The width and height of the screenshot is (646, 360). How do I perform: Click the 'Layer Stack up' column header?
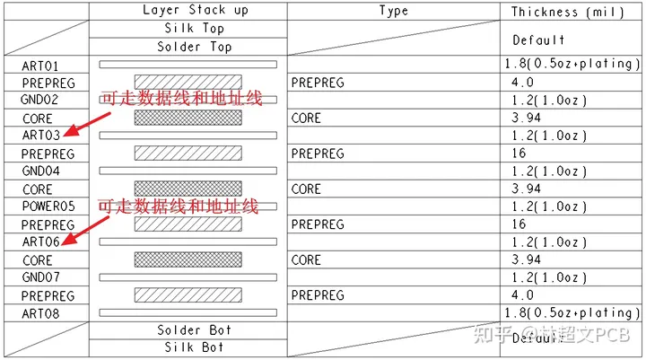tap(195, 11)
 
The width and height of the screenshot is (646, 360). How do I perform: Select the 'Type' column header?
tap(393, 11)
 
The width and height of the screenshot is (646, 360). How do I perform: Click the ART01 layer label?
tap(40, 65)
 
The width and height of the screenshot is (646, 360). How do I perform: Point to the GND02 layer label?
tap(40, 100)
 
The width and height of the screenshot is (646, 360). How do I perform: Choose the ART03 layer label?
tap(40, 136)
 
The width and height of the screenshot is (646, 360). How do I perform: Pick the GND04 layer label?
tap(40, 171)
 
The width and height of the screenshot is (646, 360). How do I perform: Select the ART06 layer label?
tap(40, 241)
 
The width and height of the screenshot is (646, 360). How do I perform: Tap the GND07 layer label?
tap(40, 277)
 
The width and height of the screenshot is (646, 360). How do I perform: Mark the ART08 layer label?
tap(40, 312)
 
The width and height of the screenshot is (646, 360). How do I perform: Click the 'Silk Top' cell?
tap(195, 29)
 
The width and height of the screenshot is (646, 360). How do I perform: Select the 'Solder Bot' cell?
tap(195, 330)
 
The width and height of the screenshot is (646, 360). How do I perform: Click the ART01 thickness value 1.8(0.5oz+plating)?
tap(572, 65)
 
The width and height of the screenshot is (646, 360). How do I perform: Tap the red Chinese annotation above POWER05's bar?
tap(178, 207)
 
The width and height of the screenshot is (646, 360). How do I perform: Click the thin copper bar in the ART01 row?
tap(188, 65)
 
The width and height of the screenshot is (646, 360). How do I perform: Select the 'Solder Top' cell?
tap(195, 47)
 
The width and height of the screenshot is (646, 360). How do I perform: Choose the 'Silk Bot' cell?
tap(195, 347)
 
